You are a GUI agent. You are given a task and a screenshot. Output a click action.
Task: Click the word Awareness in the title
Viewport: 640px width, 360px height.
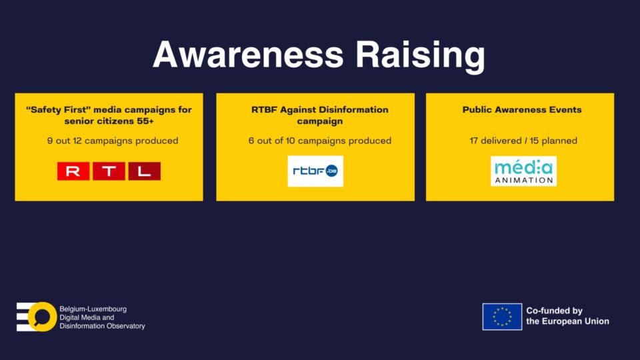click(x=248, y=54)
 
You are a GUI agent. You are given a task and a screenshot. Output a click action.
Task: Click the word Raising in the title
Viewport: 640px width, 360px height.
click(x=421, y=56)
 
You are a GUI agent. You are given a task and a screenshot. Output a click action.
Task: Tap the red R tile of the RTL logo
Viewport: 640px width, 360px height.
click(x=73, y=171)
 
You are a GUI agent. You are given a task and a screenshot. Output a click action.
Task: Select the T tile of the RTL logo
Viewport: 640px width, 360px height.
click(x=109, y=171)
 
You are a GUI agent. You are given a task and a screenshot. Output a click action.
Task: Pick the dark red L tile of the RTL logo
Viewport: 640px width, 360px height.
click(x=145, y=171)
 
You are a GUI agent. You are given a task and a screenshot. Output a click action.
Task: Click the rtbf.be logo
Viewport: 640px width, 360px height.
click(x=315, y=171)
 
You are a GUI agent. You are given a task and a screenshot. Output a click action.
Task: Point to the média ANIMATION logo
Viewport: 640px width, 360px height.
click(x=524, y=171)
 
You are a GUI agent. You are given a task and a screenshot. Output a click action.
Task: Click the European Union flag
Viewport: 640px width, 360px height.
click(x=502, y=316)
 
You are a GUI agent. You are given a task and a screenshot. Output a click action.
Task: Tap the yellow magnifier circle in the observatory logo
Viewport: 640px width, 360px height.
click(x=43, y=317)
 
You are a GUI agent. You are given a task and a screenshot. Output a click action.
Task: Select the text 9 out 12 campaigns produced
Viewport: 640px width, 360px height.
click(x=113, y=141)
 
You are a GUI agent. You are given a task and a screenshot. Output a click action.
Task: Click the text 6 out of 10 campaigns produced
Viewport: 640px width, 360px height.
click(x=320, y=141)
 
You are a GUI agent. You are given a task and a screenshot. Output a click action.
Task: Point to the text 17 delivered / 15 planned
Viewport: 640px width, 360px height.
click(x=523, y=141)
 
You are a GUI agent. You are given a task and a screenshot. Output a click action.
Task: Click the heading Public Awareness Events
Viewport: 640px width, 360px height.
click(x=522, y=109)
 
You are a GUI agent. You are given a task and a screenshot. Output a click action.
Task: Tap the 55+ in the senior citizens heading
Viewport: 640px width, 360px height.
click(x=146, y=121)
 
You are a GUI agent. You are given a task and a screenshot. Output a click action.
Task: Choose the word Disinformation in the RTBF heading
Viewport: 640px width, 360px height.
click(x=353, y=109)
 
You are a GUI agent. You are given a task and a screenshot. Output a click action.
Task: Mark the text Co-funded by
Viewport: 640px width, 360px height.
click(x=554, y=311)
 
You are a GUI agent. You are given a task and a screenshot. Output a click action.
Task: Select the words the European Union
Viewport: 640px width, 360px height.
click(x=568, y=321)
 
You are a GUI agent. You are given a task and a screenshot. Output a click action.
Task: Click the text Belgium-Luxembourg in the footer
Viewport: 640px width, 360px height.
click(x=93, y=309)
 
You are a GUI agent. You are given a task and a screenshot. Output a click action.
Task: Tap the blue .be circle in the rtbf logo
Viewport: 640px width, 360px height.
click(x=331, y=171)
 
